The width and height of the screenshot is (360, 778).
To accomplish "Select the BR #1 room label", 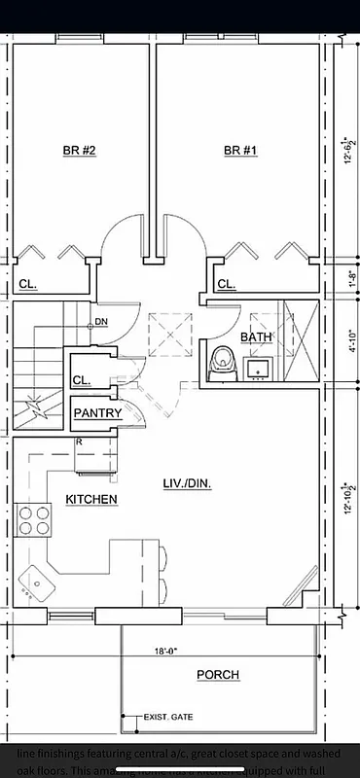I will (x=240, y=151).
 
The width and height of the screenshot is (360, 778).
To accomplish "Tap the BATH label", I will (x=257, y=337).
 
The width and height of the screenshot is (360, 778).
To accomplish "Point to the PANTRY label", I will (x=98, y=413).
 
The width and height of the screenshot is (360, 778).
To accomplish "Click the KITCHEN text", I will (x=91, y=500).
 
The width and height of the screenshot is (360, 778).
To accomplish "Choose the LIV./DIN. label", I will (x=188, y=482).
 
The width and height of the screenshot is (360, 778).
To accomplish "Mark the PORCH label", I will (x=218, y=675).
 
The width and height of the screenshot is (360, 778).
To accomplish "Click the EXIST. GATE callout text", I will (x=168, y=718).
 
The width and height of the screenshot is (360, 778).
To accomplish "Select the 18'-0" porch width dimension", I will (x=166, y=653).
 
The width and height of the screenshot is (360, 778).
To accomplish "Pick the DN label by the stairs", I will (x=101, y=323).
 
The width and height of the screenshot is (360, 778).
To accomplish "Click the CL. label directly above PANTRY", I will (x=82, y=381).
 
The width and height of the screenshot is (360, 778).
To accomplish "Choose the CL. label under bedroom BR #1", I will (x=226, y=285).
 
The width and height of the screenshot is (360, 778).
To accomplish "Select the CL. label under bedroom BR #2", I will (x=27, y=285).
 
